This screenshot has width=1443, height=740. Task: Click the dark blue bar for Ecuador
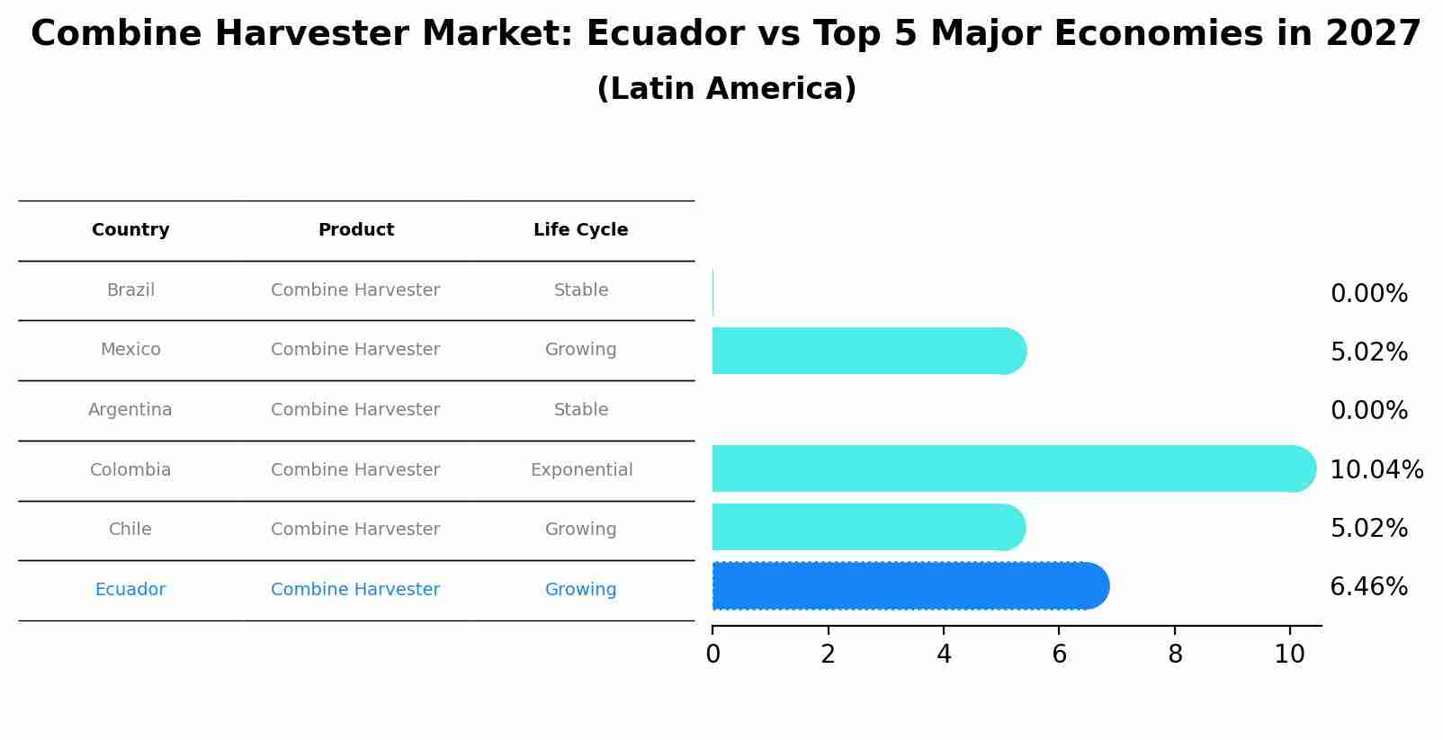coord(910,586)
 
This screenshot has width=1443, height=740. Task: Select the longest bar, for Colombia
coord(1014,468)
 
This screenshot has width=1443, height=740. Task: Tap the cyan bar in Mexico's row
coord(869,351)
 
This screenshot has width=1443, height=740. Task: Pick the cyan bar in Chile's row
coord(868,528)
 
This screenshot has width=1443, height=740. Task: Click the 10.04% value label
coord(1376,469)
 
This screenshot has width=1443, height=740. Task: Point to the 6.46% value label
coord(1369,587)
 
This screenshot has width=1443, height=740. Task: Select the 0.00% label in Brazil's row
coord(1369,294)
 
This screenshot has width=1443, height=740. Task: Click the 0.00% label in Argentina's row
coord(1369,410)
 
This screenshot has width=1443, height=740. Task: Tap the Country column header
coord(130,230)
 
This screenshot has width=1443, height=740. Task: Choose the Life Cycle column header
coord(580,230)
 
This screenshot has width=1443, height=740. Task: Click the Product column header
coord(355,230)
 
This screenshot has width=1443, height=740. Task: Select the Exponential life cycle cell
coord(582,470)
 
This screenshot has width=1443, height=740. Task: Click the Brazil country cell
coord(130,290)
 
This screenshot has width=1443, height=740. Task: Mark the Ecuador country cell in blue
coord(130,589)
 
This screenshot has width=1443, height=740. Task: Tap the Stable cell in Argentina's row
coord(581,410)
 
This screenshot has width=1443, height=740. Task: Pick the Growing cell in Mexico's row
coord(580,350)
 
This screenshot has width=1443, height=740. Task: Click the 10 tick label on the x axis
coord(1290,655)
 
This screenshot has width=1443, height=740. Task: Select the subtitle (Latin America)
coord(727,88)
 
